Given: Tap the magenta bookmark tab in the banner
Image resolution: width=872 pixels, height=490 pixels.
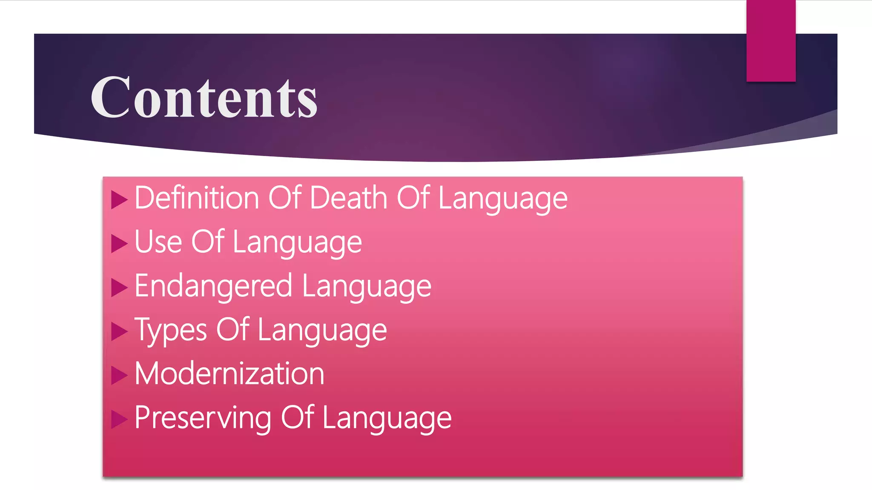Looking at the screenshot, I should pyautogui.click(x=771, y=41).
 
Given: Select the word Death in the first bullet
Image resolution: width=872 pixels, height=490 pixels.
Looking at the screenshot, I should pyautogui.click(x=348, y=198).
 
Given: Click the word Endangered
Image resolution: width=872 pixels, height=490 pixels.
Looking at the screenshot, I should pyautogui.click(x=213, y=286).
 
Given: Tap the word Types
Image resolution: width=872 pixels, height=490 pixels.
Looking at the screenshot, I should pyautogui.click(x=170, y=330).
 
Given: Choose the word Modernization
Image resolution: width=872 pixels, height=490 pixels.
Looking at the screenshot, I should pyautogui.click(x=229, y=374).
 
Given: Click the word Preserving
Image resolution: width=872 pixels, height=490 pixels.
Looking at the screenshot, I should pyautogui.click(x=203, y=418).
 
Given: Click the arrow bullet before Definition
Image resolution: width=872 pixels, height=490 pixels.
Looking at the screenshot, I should pyautogui.click(x=119, y=199).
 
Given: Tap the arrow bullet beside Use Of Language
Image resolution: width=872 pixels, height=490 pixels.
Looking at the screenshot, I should pyautogui.click(x=119, y=244).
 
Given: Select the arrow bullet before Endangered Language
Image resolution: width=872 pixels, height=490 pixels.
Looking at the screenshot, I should pyautogui.click(x=119, y=288).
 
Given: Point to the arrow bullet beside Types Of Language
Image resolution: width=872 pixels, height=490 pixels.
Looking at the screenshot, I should pyautogui.click(x=119, y=331).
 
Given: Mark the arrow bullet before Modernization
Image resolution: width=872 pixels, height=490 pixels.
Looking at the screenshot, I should pyautogui.click(x=119, y=376).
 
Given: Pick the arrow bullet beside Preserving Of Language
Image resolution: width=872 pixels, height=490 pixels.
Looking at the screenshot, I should pyautogui.click(x=119, y=419).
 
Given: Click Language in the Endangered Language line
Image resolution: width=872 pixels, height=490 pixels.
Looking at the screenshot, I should pyautogui.click(x=367, y=287).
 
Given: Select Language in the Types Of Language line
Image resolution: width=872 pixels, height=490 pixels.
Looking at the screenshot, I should pyautogui.click(x=322, y=331).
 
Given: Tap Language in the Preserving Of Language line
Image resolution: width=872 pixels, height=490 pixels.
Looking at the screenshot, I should pyautogui.click(x=387, y=419).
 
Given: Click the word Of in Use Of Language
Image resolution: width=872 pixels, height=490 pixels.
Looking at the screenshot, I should pyautogui.click(x=207, y=242).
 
